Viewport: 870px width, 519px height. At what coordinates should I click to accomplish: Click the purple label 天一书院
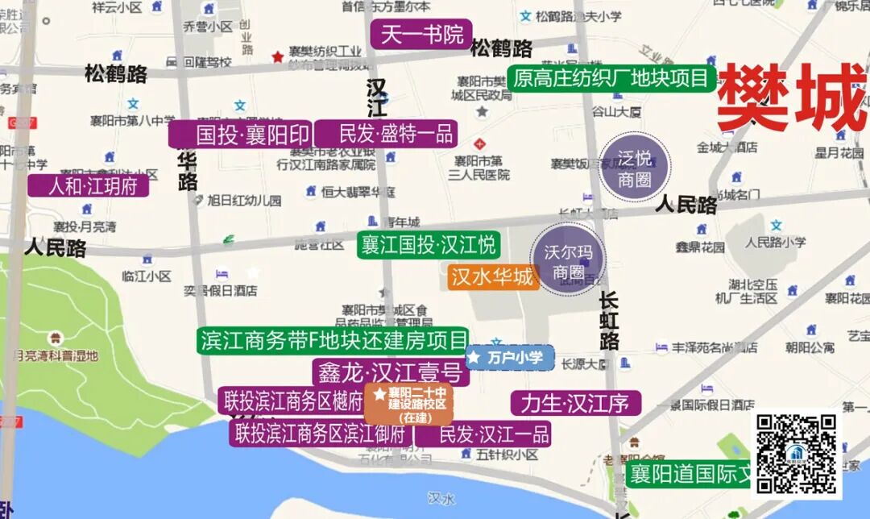421,35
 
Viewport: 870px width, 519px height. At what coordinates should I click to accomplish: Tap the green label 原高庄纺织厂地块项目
612,78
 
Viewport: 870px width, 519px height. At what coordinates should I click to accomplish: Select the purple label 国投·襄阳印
240,134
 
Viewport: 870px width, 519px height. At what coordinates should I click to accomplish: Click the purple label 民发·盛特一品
386,134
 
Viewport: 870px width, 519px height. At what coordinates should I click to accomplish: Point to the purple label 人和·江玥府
93,186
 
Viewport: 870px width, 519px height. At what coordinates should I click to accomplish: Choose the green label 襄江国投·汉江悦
428,244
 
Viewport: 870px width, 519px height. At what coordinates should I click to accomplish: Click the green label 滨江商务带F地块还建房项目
333,340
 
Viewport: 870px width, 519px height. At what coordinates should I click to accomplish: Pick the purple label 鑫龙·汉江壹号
391,372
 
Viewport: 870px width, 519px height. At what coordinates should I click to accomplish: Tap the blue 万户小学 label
510,357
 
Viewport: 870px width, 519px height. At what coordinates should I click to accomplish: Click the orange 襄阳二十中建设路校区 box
410,404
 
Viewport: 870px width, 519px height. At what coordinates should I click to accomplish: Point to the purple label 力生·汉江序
575,403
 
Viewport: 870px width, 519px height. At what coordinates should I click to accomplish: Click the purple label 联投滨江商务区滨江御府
321,434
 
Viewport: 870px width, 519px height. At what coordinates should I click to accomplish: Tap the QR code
796,455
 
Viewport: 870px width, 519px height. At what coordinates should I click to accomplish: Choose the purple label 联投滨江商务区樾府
293,401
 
